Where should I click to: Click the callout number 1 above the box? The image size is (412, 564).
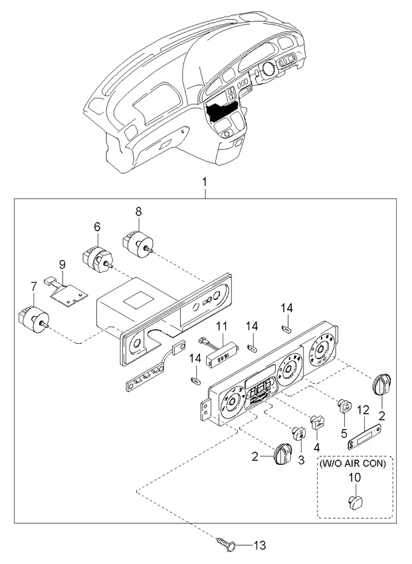[x=205, y=182]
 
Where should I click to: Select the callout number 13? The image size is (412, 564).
[x=259, y=545]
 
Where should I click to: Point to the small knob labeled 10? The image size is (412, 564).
[x=355, y=501]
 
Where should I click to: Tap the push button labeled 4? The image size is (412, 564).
[x=318, y=421]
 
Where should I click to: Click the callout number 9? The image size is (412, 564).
[x=62, y=265]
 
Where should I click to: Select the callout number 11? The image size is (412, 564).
[x=222, y=327]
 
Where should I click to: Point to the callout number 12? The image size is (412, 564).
[x=363, y=409]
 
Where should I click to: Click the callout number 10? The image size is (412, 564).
[x=355, y=478]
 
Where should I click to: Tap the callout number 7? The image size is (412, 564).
[x=33, y=287]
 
